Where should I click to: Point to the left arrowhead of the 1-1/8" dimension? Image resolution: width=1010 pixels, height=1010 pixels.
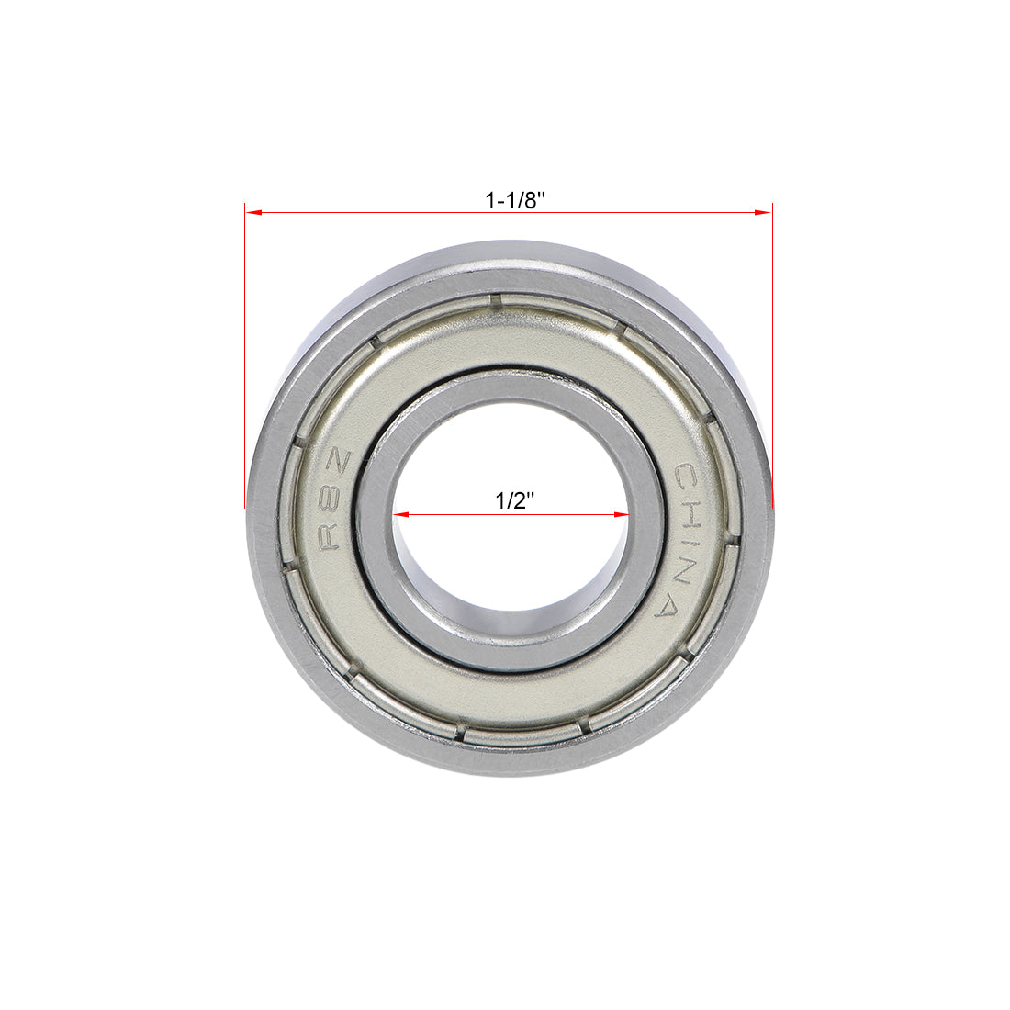point(253,213)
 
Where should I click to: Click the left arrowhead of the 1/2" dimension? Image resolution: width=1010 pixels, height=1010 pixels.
point(402,515)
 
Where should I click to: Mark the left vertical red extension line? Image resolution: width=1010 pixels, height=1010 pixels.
point(244,358)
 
